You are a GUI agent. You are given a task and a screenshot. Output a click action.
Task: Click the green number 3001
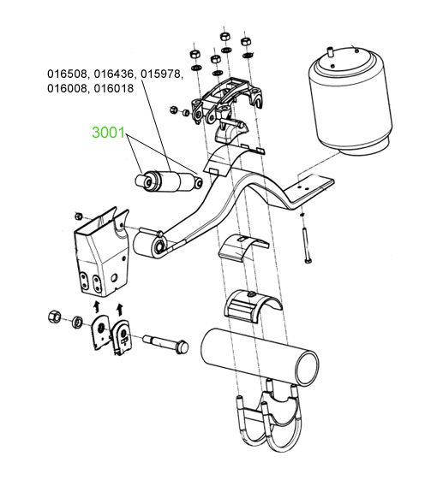tap(109, 133)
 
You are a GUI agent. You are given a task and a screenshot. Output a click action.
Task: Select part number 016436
tap(115, 74)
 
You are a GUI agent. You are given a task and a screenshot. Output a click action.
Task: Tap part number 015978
tap(161, 74)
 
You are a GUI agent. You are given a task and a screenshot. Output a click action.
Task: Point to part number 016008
tap(68, 88)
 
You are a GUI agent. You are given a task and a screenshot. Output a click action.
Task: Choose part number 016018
tap(114, 88)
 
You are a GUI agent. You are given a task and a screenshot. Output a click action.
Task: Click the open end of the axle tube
tap(307, 367)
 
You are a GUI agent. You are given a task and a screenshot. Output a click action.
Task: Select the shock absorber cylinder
tap(168, 182)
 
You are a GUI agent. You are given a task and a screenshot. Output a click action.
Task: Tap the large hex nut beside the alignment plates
tap(54, 317)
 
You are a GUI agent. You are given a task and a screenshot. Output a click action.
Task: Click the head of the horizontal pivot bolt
tap(183, 347)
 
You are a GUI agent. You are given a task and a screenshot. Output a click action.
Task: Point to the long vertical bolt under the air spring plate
tap(306, 242)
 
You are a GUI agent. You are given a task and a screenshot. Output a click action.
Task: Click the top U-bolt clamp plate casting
tap(225, 99)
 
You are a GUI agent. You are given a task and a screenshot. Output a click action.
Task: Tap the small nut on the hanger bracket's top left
tap(78, 216)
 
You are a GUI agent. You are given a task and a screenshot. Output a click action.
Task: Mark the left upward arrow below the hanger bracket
tap(97, 305)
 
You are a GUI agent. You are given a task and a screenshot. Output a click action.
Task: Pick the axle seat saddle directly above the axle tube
tap(251, 305)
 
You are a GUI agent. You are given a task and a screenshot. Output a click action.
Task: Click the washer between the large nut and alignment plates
tap(76, 323)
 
